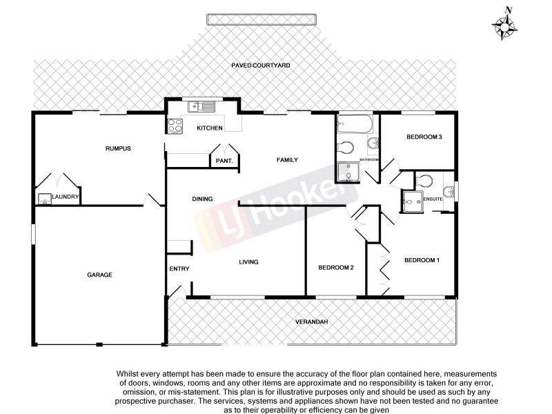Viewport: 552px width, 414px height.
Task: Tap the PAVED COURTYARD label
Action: [x=260, y=65]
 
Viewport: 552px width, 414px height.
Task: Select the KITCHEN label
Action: [x=209, y=128]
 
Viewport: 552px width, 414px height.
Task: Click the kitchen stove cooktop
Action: [x=175, y=126]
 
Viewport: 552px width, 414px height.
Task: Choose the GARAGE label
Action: [x=99, y=275]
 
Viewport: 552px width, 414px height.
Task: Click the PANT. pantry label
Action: [x=224, y=161]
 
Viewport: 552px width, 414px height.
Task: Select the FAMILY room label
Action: [x=287, y=160]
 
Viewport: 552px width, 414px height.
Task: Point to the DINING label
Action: [x=202, y=199]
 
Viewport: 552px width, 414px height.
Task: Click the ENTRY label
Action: [x=179, y=268]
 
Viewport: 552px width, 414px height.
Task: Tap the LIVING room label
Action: [x=248, y=262]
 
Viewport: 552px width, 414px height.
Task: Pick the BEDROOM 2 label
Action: [x=336, y=267]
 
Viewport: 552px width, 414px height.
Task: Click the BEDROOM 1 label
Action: [x=421, y=260]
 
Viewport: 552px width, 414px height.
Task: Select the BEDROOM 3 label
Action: [x=423, y=137]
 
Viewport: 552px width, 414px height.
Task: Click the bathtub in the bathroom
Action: [x=355, y=126]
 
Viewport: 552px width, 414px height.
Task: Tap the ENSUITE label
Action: [x=433, y=199]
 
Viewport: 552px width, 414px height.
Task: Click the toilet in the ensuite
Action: [x=426, y=181]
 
